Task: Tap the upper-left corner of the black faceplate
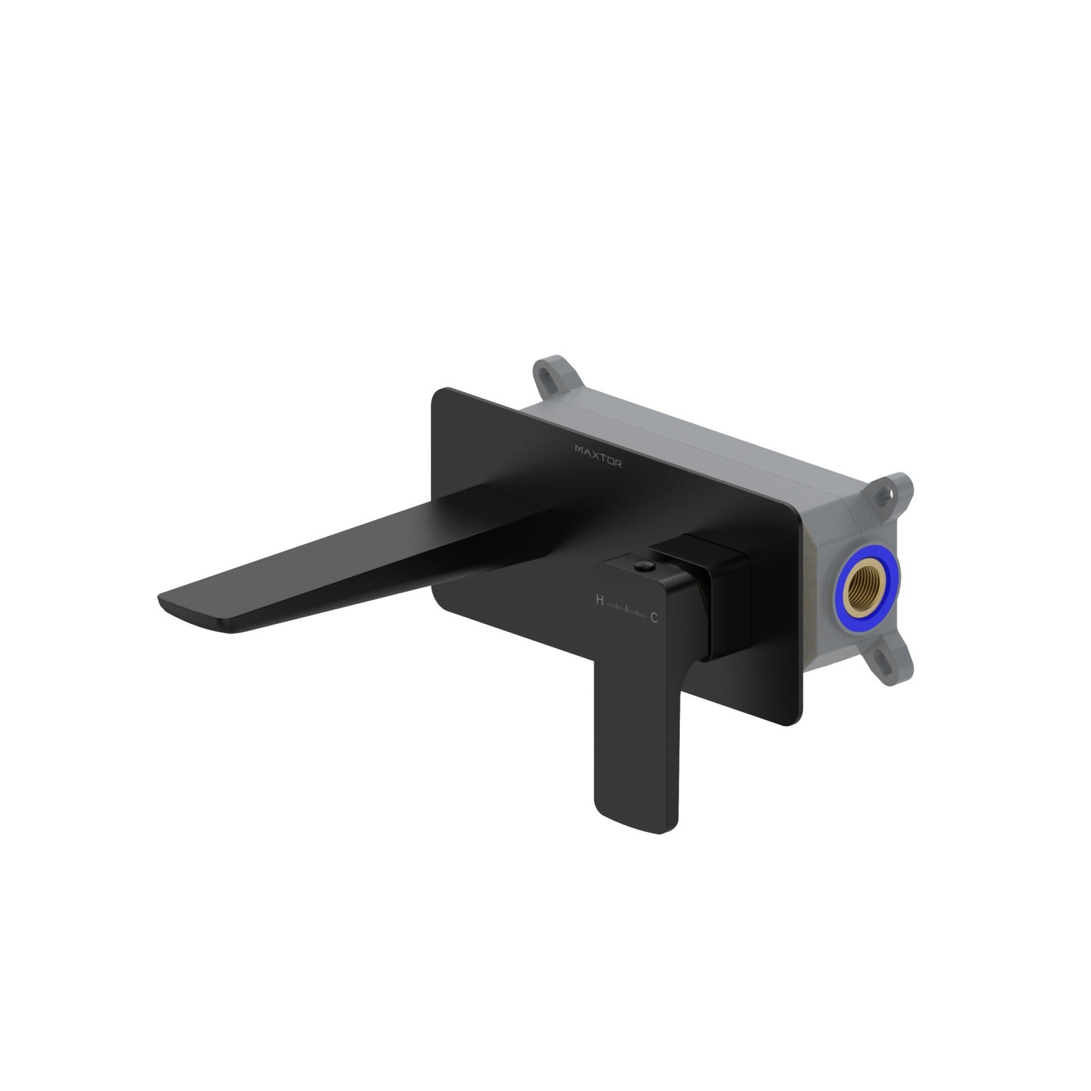coord(436,392)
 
